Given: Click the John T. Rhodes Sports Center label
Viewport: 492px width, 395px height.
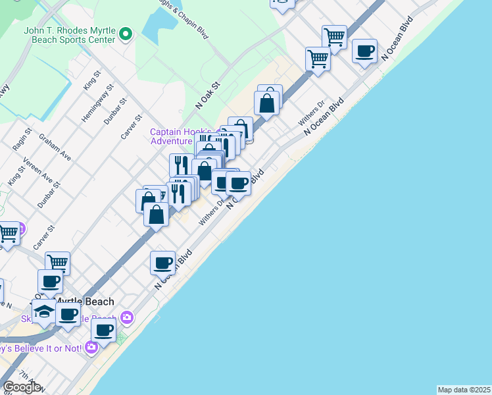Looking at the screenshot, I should coord(69,34).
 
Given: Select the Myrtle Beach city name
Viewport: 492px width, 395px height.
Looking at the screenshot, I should coord(84,302).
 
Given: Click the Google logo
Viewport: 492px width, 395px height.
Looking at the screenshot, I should coord(22,387).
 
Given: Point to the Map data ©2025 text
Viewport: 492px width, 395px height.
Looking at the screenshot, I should coord(464,390).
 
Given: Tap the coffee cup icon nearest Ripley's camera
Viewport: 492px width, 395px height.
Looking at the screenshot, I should coord(103,330).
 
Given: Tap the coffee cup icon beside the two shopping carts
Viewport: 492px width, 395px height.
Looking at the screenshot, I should coord(364,51).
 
